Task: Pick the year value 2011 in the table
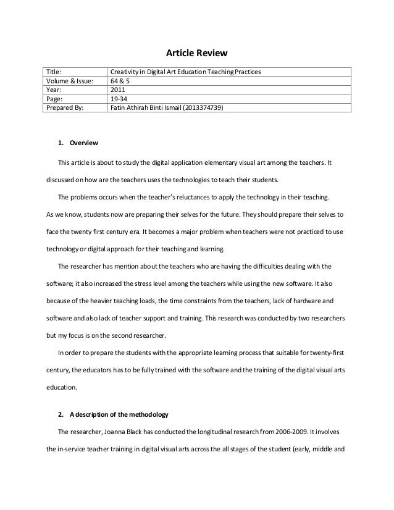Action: pos(117,90)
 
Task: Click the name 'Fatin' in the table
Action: pos(118,107)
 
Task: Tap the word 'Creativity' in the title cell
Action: pos(125,72)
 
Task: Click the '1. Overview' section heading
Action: pos(78,143)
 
